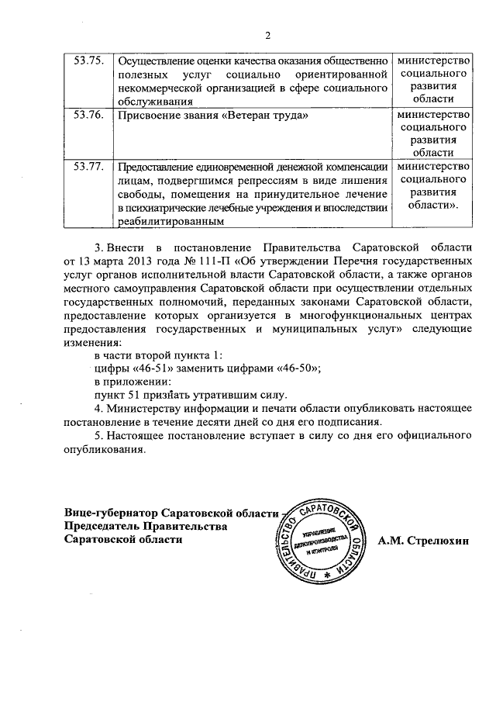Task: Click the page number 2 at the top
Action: (267, 35)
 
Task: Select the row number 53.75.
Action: (88, 61)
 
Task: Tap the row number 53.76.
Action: (88, 115)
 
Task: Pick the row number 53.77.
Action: (88, 166)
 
